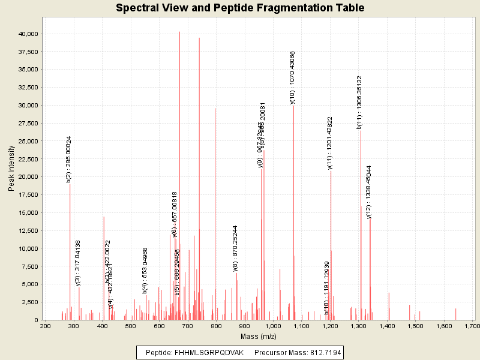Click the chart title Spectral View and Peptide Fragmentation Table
(240, 8)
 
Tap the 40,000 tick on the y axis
(28, 34)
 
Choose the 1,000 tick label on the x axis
(273, 326)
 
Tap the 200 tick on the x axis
(45, 326)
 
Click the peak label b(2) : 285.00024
(69, 159)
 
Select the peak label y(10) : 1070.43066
(293, 78)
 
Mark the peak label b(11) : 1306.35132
(359, 103)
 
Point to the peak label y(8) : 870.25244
(236, 249)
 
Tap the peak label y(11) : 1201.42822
(330, 143)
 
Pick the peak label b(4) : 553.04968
(145, 271)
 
